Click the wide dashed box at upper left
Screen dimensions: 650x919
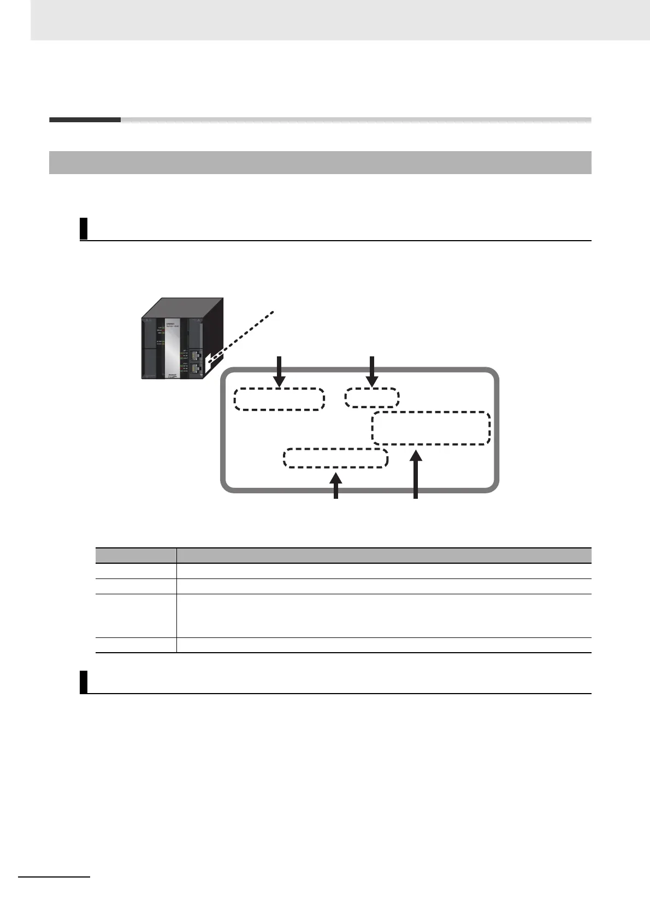279,399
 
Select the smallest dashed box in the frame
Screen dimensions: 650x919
372,397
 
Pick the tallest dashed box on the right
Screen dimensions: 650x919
431,428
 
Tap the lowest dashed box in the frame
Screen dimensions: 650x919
335,458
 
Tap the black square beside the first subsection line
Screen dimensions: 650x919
84,229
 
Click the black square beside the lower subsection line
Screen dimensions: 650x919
84,682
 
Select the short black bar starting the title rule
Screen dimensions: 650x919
85,120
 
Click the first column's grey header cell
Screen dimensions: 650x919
136,555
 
